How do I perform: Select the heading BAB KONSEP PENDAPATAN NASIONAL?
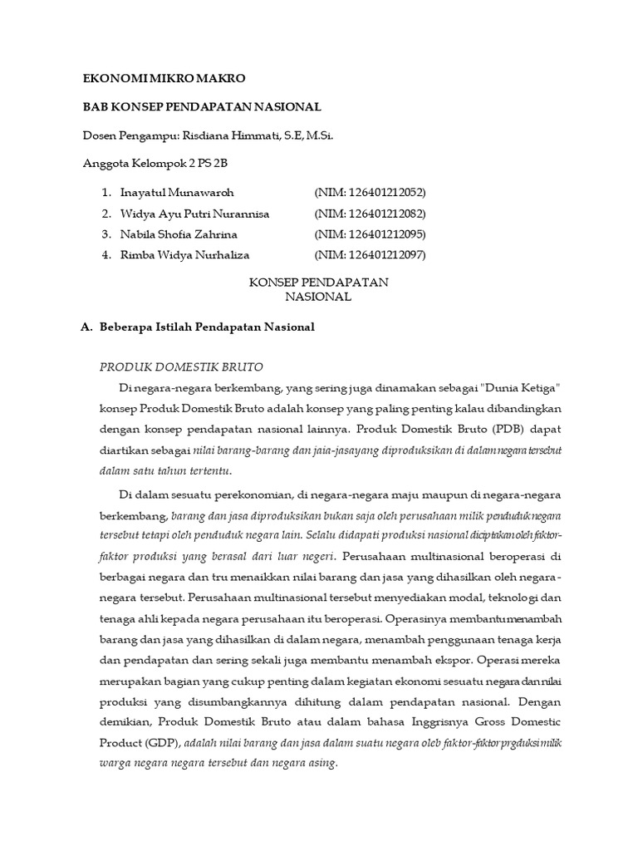click(x=202, y=107)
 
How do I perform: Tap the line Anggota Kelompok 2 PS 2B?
click(x=155, y=164)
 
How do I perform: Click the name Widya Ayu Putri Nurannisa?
click(x=194, y=214)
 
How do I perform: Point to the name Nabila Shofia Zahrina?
click(x=179, y=234)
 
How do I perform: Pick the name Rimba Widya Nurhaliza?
click(x=184, y=255)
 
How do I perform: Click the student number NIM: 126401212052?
click(x=370, y=193)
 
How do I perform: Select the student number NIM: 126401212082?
click(x=370, y=214)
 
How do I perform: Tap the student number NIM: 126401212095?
click(x=370, y=234)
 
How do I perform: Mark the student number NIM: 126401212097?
click(x=370, y=255)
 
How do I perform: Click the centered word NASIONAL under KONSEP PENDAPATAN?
click(x=319, y=297)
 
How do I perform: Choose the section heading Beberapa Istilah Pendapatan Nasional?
click(x=207, y=327)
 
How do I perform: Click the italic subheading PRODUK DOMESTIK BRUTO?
click(x=181, y=366)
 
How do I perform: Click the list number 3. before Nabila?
click(x=106, y=234)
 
